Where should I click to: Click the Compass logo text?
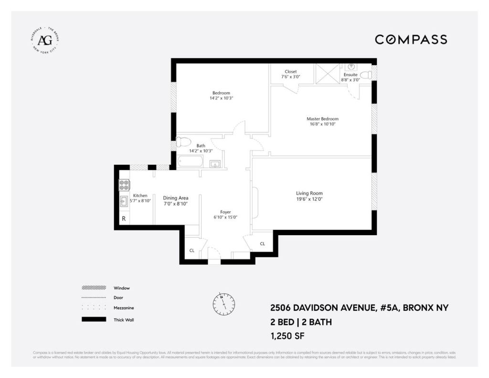click(411, 40)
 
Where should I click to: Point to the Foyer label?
click(225, 212)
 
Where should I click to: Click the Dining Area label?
click(176, 198)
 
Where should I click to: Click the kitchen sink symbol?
click(124, 202)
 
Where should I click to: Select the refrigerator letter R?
click(124, 219)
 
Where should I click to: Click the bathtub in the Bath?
click(191, 161)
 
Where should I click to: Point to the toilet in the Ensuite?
click(366, 75)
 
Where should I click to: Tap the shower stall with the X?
click(327, 75)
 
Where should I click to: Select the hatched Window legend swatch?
click(94, 288)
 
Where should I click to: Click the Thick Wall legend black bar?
click(94, 320)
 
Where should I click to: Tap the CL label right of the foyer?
click(262, 244)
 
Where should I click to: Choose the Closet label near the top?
click(291, 72)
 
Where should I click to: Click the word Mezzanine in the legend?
click(124, 309)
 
